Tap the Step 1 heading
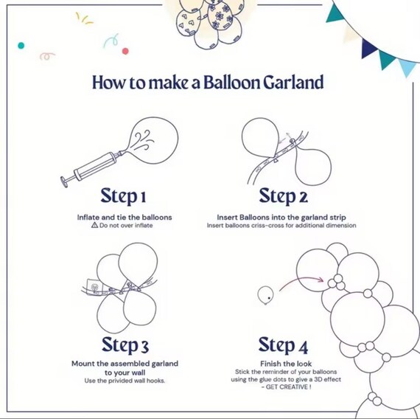(123, 197)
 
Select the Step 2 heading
(284, 197)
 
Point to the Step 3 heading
(125, 345)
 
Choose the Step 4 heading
(283, 345)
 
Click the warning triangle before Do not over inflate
(94, 225)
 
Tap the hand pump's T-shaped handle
(65, 181)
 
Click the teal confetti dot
(21, 46)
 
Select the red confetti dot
(125, 51)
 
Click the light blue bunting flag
(407, 68)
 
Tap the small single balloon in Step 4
(265, 295)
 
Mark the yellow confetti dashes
(84, 18)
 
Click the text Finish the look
(286, 364)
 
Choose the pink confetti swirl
(47, 56)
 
